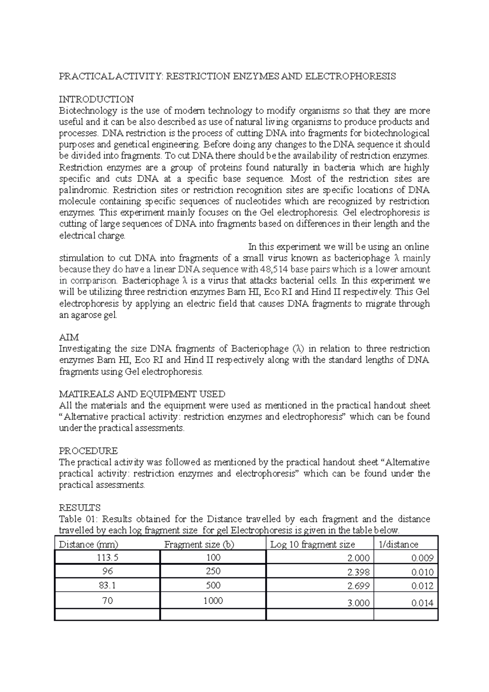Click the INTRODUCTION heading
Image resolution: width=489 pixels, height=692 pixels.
click(x=96, y=99)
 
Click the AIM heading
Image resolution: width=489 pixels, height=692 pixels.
click(x=69, y=337)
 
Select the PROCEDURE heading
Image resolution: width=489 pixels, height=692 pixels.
click(x=88, y=451)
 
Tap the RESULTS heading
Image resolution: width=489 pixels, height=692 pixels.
click(x=80, y=508)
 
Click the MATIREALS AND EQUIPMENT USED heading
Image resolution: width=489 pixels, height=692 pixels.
click(x=142, y=394)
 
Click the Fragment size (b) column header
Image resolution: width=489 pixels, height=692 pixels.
click(x=199, y=544)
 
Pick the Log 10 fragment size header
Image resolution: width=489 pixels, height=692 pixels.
click(x=313, y=544)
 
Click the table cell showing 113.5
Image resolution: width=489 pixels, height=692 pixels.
click(x=108, y=558)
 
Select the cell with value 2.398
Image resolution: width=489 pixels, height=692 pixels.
click(x=358, y=572)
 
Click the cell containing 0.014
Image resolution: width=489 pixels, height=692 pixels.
click(x=422, y=604)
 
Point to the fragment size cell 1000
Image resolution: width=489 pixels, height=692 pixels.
click(x=213, y=601)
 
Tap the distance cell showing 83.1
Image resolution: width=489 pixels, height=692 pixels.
click(x=108, y=586)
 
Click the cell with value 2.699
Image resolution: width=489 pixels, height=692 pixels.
click(x=358, y=586)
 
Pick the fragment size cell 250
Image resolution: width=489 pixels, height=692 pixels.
click(x=213, y=571)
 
